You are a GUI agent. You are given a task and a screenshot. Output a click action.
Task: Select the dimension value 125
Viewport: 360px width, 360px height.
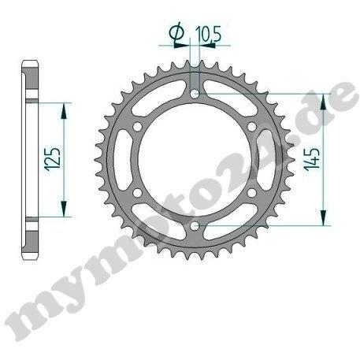click(53, 160)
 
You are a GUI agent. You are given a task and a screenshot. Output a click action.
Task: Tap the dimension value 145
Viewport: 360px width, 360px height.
click(312, 159)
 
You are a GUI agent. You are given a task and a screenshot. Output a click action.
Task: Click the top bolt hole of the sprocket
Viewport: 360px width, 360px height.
click(195, 94)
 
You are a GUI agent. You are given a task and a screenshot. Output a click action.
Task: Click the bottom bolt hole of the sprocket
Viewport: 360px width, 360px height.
click(195, 226)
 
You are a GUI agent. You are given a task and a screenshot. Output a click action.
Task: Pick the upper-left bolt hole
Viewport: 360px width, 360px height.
click(137, 127)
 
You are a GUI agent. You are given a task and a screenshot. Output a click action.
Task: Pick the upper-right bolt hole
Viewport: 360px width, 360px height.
click(251, 127)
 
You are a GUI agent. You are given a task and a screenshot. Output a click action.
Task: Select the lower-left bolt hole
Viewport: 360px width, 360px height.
click(137, 193)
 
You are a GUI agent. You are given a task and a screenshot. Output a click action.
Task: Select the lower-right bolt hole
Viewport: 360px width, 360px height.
click(251, 193)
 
